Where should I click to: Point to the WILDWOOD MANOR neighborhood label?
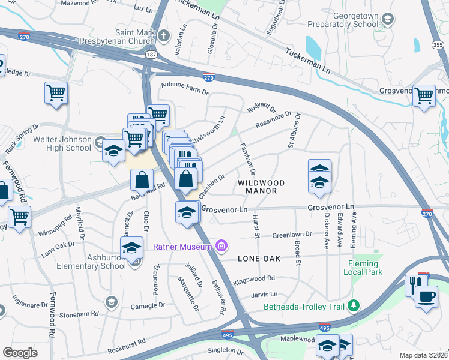[x=257, y=186]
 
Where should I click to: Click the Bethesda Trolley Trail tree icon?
[x=354, y=306]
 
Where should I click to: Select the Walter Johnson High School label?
[x=62, y=144]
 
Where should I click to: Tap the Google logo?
[x=20, y=352]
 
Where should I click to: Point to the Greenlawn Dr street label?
[x=293, y=235]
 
